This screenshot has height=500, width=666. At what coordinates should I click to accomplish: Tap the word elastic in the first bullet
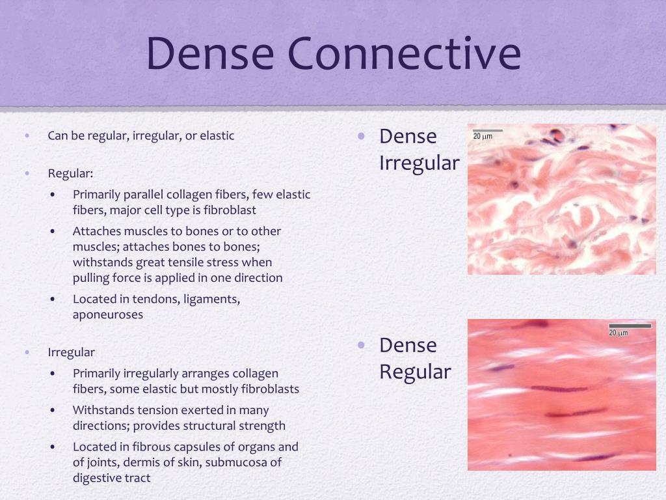(217, 136)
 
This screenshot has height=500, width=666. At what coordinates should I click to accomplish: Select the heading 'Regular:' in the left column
(70, 174)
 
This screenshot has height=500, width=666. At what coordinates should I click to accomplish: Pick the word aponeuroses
(108, 314)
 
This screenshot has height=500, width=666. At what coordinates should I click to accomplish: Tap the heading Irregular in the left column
(71, 352)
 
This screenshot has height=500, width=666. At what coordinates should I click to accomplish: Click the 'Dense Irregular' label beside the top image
(419, 150)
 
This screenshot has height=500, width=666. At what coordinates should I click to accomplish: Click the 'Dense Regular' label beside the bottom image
(415, 359)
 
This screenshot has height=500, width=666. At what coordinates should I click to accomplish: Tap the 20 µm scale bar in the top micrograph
(487, 131)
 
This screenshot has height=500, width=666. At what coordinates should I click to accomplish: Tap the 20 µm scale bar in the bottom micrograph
(629, 326)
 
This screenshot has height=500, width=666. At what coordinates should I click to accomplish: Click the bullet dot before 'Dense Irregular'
(362, 136)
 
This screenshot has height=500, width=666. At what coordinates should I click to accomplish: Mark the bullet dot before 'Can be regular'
(27, 136)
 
